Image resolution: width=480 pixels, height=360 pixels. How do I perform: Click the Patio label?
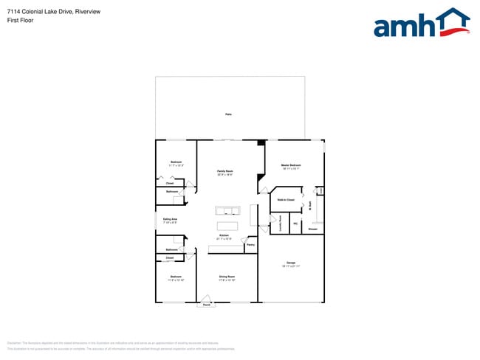228,114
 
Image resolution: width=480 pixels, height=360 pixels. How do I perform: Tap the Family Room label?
225,170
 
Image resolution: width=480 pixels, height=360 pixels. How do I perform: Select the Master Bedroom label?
290,165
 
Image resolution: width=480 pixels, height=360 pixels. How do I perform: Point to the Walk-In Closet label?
286,200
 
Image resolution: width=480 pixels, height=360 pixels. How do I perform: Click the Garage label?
290,263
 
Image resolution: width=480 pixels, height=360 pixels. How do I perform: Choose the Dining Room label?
227,277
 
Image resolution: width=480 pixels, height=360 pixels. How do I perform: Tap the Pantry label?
250,245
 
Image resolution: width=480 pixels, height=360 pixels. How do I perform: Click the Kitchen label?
224,235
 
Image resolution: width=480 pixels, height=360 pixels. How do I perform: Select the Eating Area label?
171,218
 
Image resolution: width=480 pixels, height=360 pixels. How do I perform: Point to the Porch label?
207,305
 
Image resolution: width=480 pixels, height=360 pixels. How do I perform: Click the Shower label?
312,229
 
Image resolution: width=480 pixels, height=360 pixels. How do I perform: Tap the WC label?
295,224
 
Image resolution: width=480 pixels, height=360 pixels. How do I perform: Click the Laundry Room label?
281,223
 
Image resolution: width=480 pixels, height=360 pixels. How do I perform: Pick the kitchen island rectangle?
227,225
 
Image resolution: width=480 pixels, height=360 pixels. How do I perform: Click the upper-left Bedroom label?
176,162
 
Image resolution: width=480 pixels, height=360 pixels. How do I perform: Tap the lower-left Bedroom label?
176,277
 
